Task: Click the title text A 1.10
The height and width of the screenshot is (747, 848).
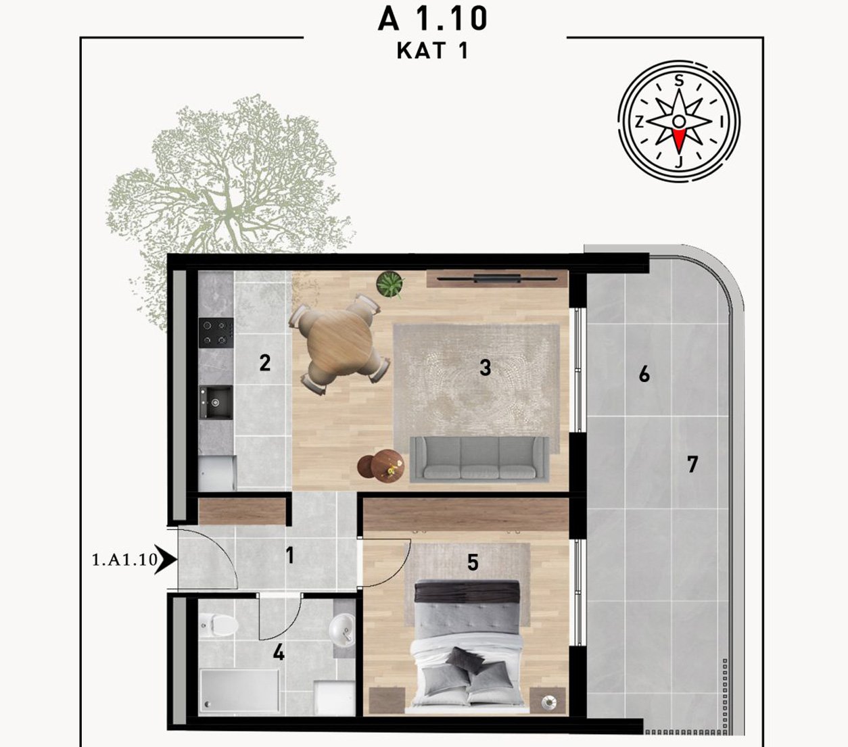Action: (x=433, y=19)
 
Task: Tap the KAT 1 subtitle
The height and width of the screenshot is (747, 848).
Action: (x=432, y=51)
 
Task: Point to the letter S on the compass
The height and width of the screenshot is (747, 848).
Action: (x=680, y=80)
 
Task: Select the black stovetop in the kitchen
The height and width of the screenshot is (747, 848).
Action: (x=216, y=333)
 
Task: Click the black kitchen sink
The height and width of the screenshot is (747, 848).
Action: (x=216, y=402)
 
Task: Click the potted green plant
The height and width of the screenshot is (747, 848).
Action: (x=390, y=284)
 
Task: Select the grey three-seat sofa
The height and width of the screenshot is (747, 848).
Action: (x=479, y=459)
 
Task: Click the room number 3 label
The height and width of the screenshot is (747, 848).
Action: (x=485, y=368)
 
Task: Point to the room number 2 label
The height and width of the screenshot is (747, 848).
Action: (x=264, y=363)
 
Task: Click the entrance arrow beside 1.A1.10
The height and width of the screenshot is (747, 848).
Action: (x=166, y=559)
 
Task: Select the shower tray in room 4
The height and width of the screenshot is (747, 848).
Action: (x=240, y=690)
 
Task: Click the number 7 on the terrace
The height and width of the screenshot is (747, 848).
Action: (x=692, y=464)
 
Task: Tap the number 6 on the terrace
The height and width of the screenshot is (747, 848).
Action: (x=644, y=374)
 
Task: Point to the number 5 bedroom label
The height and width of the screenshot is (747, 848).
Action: (x=473, y=563)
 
